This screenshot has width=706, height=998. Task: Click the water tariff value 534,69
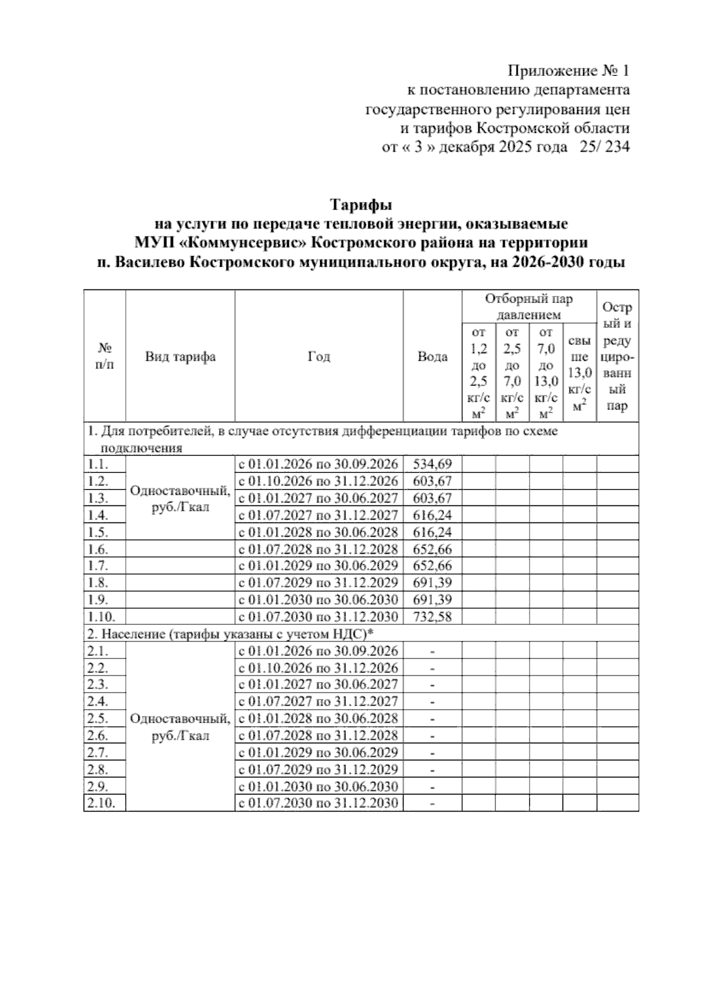pos(432,464)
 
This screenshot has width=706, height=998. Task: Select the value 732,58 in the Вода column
pos(432,617)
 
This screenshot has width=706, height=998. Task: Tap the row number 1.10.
pos(98,617)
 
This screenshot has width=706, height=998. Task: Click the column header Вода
pos(432,357)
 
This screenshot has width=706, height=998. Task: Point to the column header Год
pos(319,357)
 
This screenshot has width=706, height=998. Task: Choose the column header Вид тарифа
pos(180,357)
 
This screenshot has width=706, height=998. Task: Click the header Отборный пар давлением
pos(528,307)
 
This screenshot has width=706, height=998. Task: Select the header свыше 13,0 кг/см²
pos(580,373)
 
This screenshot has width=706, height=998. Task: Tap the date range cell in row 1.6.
pos(318,549)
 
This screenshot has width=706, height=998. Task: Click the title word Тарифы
pos(361,205)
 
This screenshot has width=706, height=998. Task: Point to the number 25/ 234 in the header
pos(604,147)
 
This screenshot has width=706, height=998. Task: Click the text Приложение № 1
pos(568,71)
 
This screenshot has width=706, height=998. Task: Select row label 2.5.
pos(98,718)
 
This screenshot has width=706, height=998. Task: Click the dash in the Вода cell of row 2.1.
pos(432,651)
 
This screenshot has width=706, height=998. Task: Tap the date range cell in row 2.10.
pos(318,803)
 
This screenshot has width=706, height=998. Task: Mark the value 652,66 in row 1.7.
pos(432,566)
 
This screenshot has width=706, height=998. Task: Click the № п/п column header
pos(104,357)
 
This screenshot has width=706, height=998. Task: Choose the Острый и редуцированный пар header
pos(617,357)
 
